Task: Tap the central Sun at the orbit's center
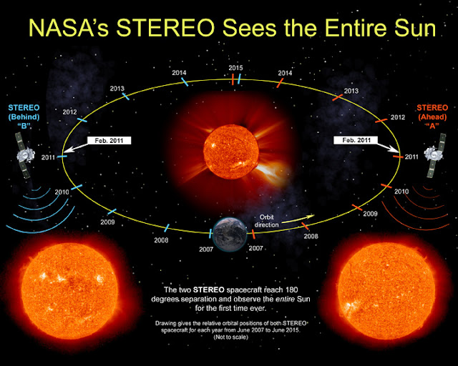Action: tap(228, 147)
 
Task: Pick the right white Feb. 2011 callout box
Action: tap(357, 140)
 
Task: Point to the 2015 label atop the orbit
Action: tap(237, 67)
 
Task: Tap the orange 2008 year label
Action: tap(311, 237)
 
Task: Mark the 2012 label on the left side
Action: tap(69, 112)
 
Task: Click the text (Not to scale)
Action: tap(229, 339)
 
